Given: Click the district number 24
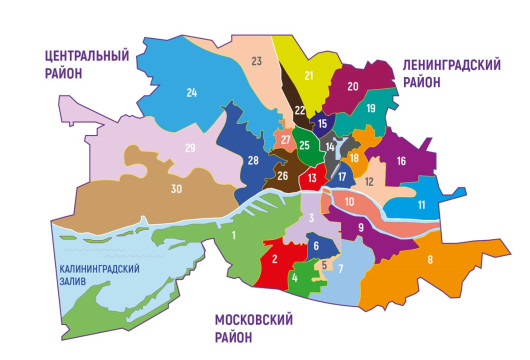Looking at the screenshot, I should point(191,93).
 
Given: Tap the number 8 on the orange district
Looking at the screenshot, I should point(430,261).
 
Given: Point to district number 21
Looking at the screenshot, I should point(309,75).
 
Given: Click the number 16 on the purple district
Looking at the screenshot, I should point(401,161).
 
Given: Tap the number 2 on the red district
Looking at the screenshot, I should point(272,260).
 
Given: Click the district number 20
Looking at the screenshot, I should point(352,86).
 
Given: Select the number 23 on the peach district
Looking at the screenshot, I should point(256,62).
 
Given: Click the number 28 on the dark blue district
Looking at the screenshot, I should point(253,161).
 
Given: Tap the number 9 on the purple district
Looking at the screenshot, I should point(360,228).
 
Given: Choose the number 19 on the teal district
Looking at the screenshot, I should point(370,108).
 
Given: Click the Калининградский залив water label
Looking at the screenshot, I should point(97,275).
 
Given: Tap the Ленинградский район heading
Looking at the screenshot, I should point(452,72).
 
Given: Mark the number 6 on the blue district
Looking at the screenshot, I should point(315,246).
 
